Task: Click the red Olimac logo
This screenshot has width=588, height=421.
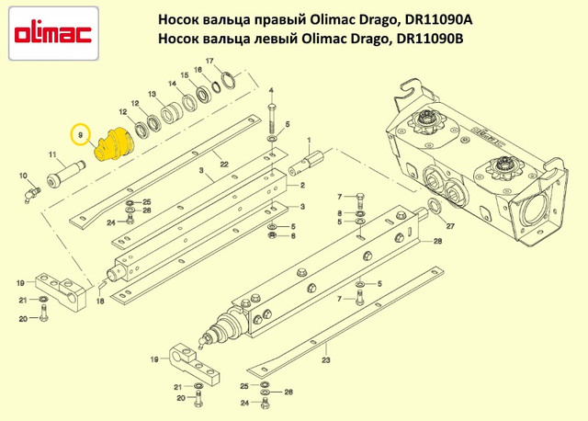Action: coord(53,34)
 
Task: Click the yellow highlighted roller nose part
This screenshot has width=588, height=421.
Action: coord(112,144)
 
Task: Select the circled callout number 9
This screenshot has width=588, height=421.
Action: coord(80,134)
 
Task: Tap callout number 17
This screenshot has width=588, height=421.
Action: coord(209,61)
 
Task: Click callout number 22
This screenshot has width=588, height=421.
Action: coord(224,165)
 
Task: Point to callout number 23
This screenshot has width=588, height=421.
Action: coord(326,359)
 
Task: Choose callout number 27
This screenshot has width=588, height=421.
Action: coord(450,226)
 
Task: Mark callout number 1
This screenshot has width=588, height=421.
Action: coord(309,140)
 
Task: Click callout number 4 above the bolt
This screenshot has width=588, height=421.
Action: coord(271,90)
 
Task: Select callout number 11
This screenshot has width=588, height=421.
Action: coord(52,154)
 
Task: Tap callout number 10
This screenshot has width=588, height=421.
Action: coord(23,176)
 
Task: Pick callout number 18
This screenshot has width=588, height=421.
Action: coord(100,301)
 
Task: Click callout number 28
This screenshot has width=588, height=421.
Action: coord(437,241)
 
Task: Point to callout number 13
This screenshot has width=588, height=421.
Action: coord(152,94)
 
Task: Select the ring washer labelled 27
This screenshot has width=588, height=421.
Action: coord(435,206)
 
